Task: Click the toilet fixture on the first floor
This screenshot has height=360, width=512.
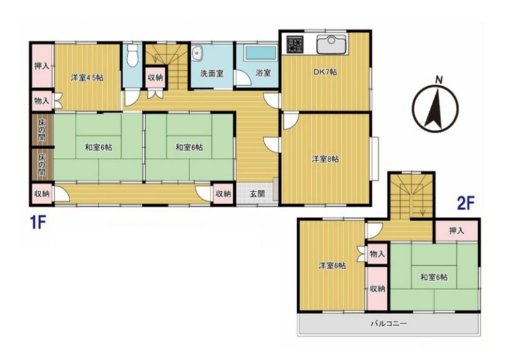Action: tap(132, 56)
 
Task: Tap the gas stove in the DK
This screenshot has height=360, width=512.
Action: tap(295, 44)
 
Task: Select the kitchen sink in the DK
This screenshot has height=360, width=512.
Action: tap(332, 44)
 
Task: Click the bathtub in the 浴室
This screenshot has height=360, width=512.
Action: tap(260, 53)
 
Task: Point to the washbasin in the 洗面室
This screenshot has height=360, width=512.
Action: tap(197, 53)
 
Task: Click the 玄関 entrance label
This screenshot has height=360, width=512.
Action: tap(257, 194)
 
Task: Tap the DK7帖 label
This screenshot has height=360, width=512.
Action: tap(325, 72)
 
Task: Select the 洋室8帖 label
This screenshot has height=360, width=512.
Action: tap(325, 159)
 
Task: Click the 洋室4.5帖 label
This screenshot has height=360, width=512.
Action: tap(87, 78)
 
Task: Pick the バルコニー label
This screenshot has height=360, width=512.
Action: tap(389, 324)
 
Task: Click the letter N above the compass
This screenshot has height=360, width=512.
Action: tap(439, 80)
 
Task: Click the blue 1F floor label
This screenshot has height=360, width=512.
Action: tap(38, 223)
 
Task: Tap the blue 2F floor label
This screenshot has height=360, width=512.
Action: tap(466, 204)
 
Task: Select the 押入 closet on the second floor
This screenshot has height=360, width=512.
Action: tap(456, 231)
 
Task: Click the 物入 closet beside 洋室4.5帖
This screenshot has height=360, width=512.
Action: tap(42, 101)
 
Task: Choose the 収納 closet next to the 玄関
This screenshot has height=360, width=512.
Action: tap(224, 194)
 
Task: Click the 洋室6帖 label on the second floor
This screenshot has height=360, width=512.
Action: tap(333, 266)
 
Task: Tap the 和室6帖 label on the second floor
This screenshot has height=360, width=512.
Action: tap(434, 278)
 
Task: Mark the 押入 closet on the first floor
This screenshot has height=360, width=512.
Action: tap(42, 66)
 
